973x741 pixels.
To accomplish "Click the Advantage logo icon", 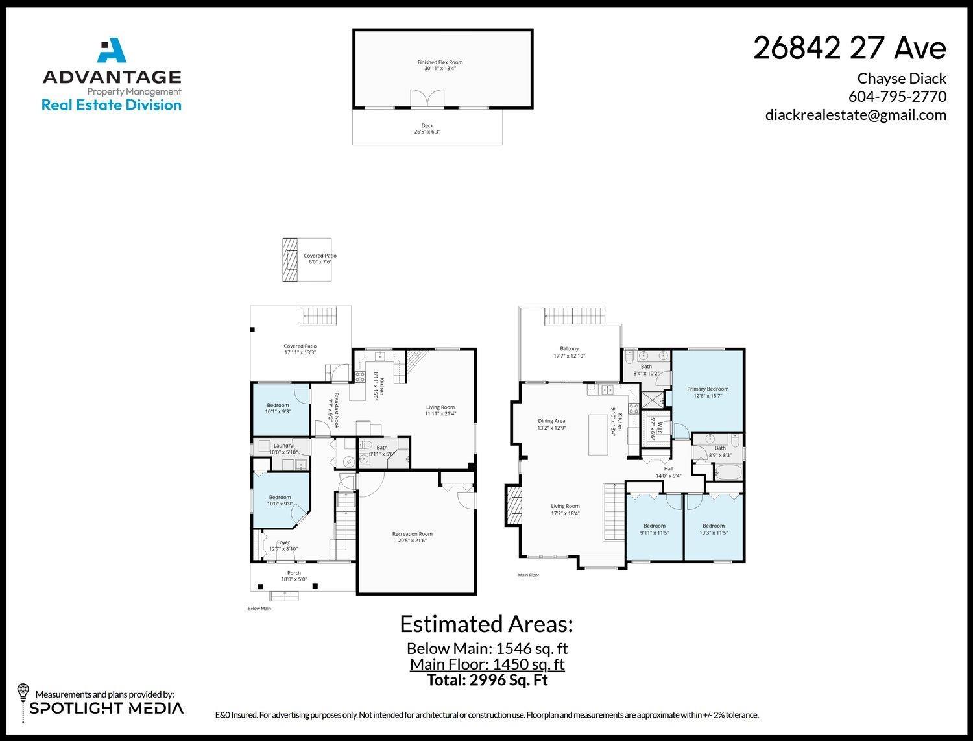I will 111,52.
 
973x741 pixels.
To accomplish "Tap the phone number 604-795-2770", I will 897,97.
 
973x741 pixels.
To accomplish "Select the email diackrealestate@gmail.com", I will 856,115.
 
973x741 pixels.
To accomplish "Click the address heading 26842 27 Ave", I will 849,48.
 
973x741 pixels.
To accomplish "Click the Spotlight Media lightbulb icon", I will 23,690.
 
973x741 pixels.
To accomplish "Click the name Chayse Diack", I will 901,79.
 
